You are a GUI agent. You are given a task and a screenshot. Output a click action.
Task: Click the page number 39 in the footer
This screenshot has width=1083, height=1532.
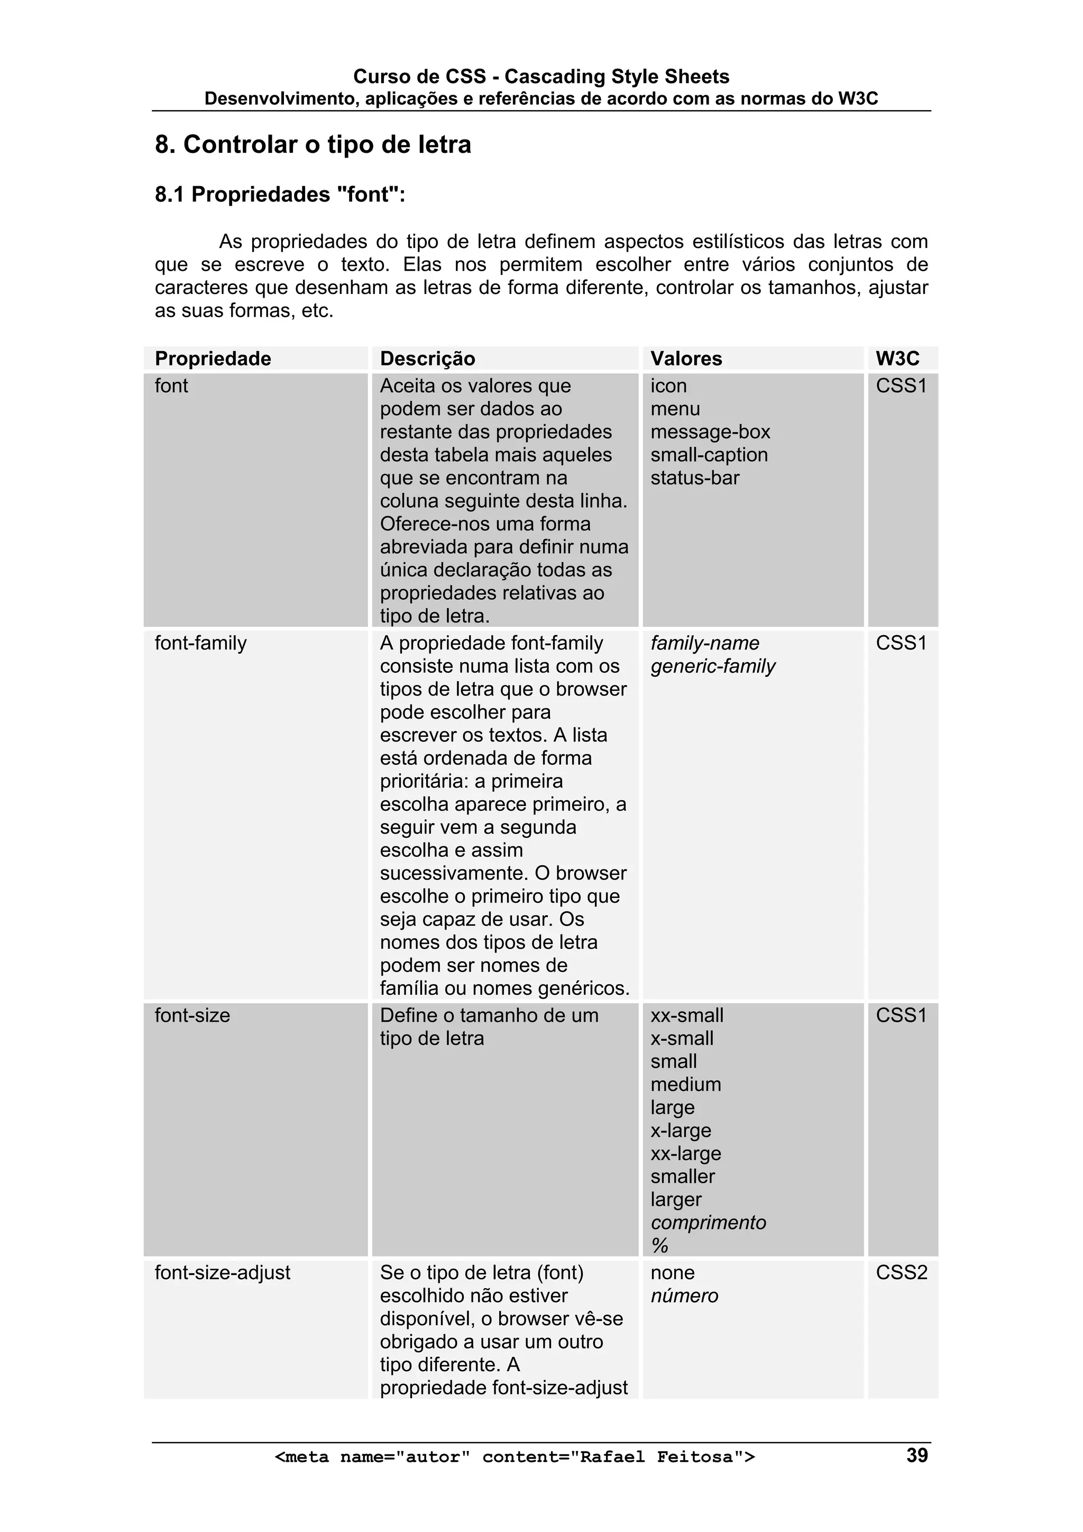[916, 1455]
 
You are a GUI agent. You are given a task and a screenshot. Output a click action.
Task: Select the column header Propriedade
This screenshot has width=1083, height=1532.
[213, 359]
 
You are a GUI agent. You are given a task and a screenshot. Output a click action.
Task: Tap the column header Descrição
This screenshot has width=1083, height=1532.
[427, 359]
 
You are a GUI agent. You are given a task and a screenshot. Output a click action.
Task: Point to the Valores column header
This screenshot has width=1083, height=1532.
[686, 359]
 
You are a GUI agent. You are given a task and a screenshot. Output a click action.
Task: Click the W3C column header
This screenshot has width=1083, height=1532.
[897, 359]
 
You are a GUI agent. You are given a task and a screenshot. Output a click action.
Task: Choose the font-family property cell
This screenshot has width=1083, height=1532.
[200, 643]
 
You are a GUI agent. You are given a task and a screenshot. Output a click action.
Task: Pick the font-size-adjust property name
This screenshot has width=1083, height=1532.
[222, 1272]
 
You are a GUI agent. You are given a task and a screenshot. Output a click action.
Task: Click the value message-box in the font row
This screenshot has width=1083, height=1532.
[710, 432]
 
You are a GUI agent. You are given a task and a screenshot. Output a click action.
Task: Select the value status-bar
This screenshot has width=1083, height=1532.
[695, 478]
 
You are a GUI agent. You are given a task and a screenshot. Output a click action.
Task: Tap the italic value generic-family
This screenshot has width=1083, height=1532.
[713, 666]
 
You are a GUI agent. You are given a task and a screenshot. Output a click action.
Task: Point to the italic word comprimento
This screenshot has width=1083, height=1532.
[708, 1223]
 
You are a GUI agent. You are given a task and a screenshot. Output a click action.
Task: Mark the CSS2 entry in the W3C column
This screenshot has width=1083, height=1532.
[901, 1272]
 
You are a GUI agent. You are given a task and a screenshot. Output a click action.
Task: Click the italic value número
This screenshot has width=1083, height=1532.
[684, 1296]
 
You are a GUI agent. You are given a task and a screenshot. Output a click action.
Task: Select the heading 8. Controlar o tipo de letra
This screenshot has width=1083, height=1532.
[313, 144]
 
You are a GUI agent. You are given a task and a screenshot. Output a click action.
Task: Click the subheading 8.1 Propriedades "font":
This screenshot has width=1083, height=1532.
[280, 194]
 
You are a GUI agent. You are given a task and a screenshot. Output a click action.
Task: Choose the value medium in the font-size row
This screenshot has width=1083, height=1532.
[685, 1084]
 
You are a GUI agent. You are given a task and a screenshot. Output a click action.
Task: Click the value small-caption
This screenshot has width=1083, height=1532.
[709, 455]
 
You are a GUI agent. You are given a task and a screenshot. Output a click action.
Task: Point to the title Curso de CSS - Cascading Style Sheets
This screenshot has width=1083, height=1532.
[540, 76]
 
